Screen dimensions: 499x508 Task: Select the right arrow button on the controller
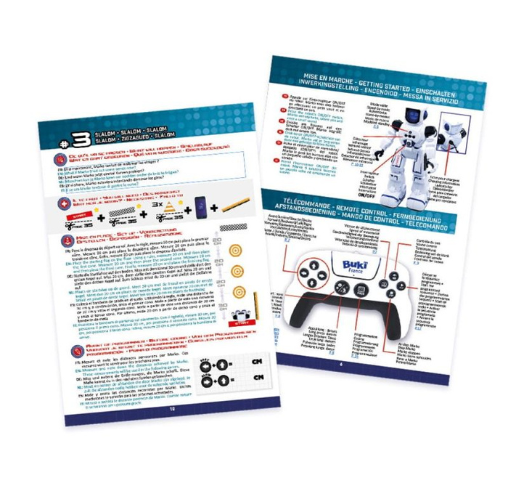pos(334,277)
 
